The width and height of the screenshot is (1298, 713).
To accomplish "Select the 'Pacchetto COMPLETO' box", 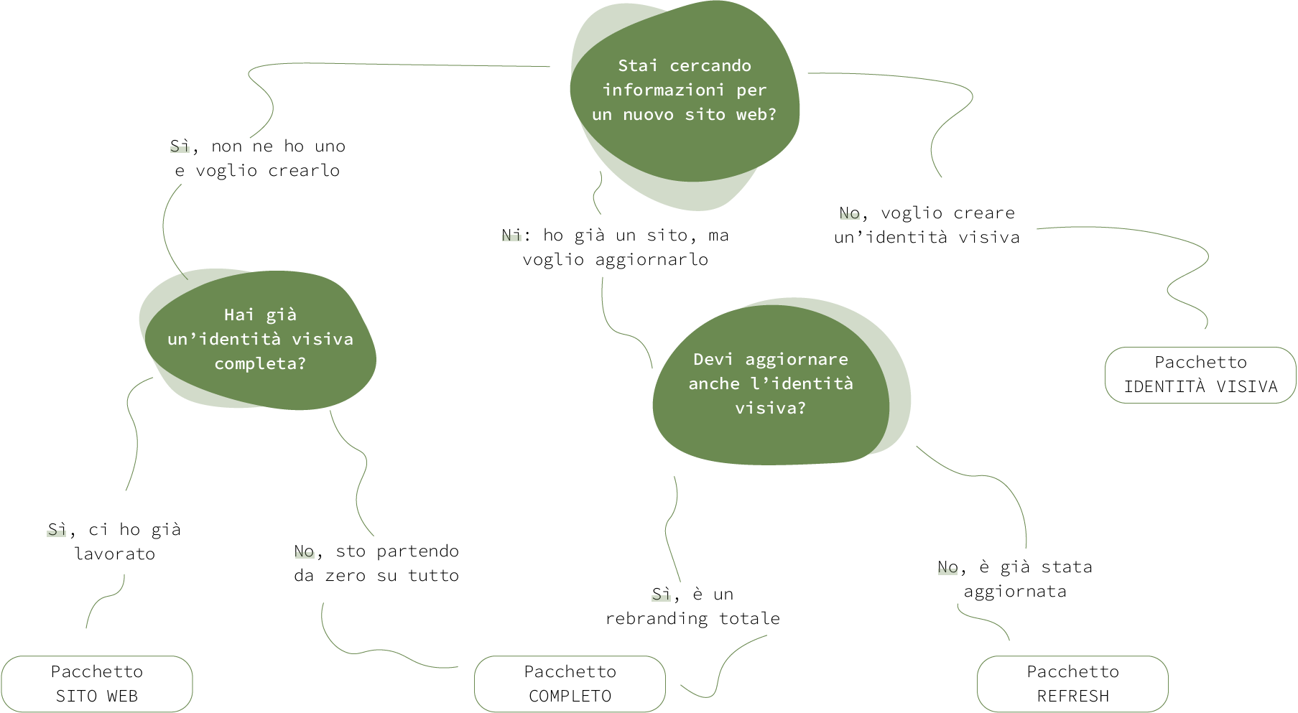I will [x=570, y=684].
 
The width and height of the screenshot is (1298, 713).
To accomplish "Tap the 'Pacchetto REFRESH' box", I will [x=1072, y=684].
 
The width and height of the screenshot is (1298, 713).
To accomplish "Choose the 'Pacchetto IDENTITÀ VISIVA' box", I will [x=1200, y=375].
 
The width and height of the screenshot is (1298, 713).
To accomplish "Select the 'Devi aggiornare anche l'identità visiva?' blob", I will [x=780, y=383].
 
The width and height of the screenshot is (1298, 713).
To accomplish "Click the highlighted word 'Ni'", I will [x=511, y=235].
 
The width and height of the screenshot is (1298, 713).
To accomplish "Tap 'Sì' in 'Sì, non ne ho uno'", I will [x=180, y=146].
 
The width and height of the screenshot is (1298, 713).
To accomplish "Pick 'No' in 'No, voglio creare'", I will [x=850, y=213].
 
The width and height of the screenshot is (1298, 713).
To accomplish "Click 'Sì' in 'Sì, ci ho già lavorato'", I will [x=57, y=530].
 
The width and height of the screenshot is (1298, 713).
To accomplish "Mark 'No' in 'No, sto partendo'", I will [x=304, y=551].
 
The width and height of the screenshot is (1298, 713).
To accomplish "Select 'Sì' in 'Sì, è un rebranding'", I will [x=662, y=594].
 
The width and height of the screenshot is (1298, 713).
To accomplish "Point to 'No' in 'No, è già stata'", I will [x=947, y=567].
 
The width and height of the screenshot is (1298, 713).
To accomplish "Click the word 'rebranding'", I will [x=657, y=618].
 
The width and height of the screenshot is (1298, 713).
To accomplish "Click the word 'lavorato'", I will [x=115, y=554].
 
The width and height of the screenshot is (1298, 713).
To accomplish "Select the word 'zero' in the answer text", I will [x=345, y=576].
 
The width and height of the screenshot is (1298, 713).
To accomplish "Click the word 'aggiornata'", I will [x=1015, y=592].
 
